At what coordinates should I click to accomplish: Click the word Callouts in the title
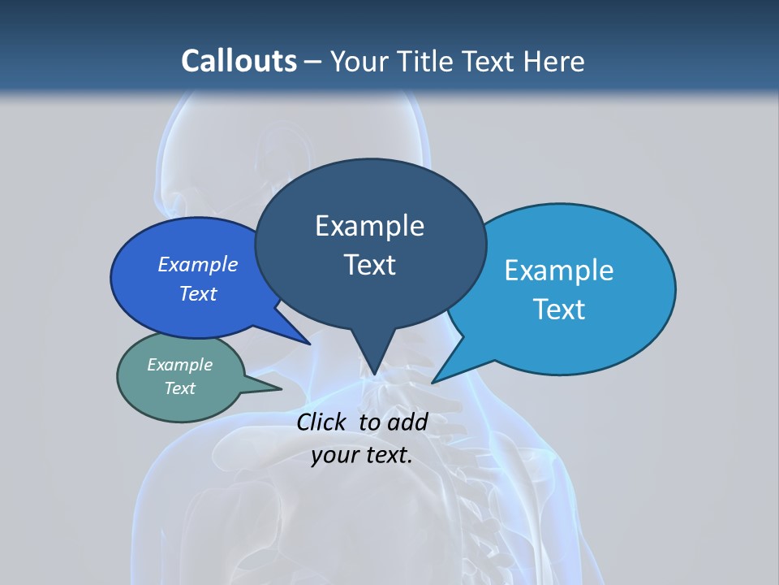pyautogui.click(x=239, y=61)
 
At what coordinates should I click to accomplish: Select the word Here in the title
pyautogui.click(x=555, y=61)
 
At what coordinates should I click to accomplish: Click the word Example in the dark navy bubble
pyautogui.click(x=369, y=226)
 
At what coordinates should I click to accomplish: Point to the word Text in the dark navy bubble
pyautogui.click(x=369, y=265)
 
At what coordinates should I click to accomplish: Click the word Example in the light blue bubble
pyautogui.click(x=559, y=271)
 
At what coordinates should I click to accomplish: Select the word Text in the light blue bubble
pyautogui.click(x=559, y=310)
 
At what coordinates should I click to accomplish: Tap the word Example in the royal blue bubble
pyautogui.click(x=198, y=264)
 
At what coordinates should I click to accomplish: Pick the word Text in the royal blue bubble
pyautogui.click(x=198, y=293)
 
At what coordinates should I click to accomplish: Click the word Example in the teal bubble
pyautogui.click(x=180, y=365)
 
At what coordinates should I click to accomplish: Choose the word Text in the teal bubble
pyautogui.click(x=180, y=388)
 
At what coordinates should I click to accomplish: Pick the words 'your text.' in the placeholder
pyautogui.click(x=362, y=454)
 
